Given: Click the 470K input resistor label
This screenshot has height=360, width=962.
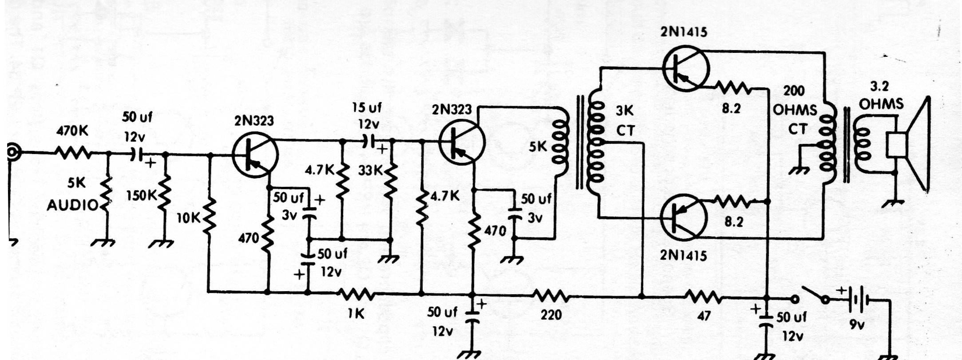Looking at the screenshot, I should tap(72, 132).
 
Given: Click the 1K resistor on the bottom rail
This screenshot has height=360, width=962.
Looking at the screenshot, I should tap(356, 293).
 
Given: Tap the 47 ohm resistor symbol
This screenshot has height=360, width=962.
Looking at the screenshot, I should tap(704, 296).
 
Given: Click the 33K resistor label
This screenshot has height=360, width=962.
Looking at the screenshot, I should tap(370, 170).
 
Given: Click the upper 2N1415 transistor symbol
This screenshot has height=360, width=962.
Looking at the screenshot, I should tap(685, 68).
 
